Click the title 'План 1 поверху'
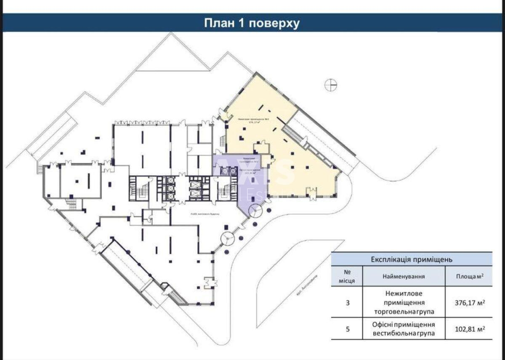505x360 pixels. (x=252, y=23)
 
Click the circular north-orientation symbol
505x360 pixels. (x=331, y=85)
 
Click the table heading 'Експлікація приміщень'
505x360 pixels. (x=412, y=259)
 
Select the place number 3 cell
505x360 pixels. (x=347, y=302)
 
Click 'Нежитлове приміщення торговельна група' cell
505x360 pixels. (x=404, y=302)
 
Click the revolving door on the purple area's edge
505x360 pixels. (x=255, y=210)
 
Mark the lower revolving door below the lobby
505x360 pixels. (x=228, y=239)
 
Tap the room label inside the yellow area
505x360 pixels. (x=253, y=122)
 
